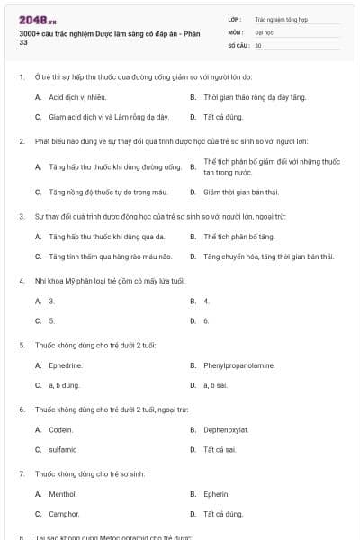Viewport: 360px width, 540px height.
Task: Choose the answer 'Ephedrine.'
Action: click(67, 365)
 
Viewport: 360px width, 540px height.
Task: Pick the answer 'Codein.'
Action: click(61, 429)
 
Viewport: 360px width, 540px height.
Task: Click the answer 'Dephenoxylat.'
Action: click(226, 429)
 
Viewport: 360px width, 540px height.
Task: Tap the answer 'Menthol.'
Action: click(63, 494)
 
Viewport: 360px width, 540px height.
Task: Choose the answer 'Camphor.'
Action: click(64, 514)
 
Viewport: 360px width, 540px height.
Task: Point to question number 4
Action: click(22, 280)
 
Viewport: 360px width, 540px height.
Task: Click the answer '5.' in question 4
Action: click(52, 320)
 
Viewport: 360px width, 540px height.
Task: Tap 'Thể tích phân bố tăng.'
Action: click(239, 237)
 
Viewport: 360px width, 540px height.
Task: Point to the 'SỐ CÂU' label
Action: click(238, 44)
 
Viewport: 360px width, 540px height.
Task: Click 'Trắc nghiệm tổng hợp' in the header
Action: click(281, 18)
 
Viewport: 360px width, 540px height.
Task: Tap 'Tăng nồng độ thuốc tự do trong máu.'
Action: click(103, 192)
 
